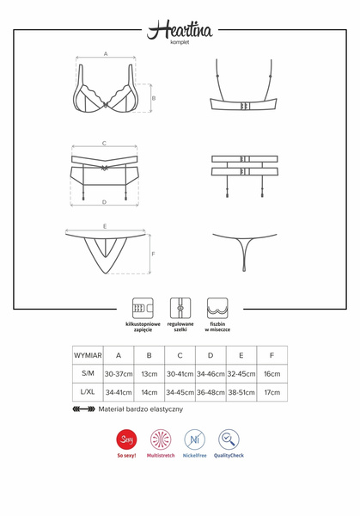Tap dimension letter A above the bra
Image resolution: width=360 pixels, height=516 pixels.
pyautogui.click(x=106, y=53)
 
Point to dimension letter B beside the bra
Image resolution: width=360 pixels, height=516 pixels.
pyautogui.click(x=153, y=98)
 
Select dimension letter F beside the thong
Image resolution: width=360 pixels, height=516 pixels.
pyautogui.click(x=152, y=255)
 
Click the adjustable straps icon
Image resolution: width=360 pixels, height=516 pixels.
pyautogui.click(x=179, y=308)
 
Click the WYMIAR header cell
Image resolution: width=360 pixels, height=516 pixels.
pyautogui.click(x=88, y=354)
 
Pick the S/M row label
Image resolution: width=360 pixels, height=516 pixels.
pyautogui.click(x=88, y=373)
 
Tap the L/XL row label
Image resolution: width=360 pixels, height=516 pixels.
pyautogui.click(x=88, y=392)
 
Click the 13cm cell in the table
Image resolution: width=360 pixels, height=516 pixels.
pyautogui.click(x=149, y=373)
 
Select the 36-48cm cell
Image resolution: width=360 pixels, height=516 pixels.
pyautogui.click(x=210, y=392)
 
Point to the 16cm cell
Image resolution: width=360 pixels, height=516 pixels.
pyautogui.click(x=272, y=373)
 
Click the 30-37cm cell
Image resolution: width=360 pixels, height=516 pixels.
pyautogui.click(x=119, y=373)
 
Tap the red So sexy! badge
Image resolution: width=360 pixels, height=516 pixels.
pyautogui.click(x=125, y=439)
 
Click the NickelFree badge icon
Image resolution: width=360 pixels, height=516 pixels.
pyautogui.click(x=194, y=439)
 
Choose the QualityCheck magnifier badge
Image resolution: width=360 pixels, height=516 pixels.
pyautogui.click(x=229, y=439)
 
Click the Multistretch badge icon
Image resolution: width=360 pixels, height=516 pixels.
pyautogui.click(x=161, y=439)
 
